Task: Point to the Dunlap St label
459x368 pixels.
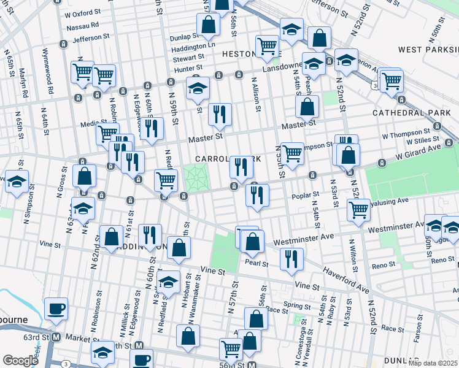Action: [183, 36]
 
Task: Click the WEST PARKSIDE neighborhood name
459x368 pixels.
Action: [428, 49]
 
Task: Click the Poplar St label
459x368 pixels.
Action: [306, 194]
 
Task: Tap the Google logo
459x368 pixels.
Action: [20, 361]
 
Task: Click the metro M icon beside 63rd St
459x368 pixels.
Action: [56, 337]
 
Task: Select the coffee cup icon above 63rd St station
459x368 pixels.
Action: [58, 309]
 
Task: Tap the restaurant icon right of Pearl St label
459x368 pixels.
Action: [291, 258]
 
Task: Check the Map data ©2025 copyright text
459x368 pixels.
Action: [433, 363]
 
